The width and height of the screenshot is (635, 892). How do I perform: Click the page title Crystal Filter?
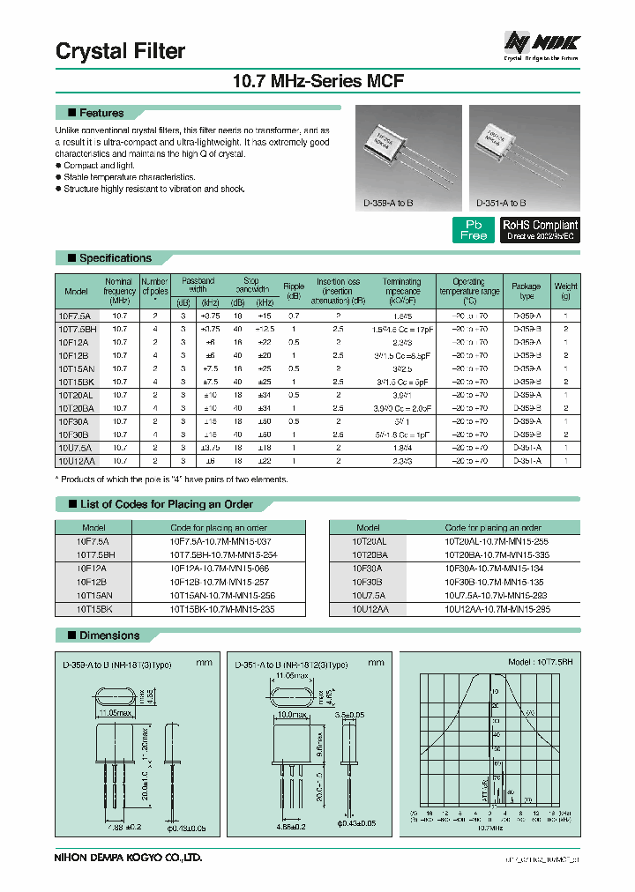(121, 51)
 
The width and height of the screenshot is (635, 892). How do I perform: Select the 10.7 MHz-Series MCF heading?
(317, 82)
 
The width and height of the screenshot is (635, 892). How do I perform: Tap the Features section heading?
(101, 113)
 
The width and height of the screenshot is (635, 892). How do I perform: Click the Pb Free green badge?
(474, 230)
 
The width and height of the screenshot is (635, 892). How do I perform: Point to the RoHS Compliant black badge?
(540, 230)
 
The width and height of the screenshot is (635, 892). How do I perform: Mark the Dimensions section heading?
(109, 636)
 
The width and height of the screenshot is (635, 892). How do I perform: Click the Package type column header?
(527, 292)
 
